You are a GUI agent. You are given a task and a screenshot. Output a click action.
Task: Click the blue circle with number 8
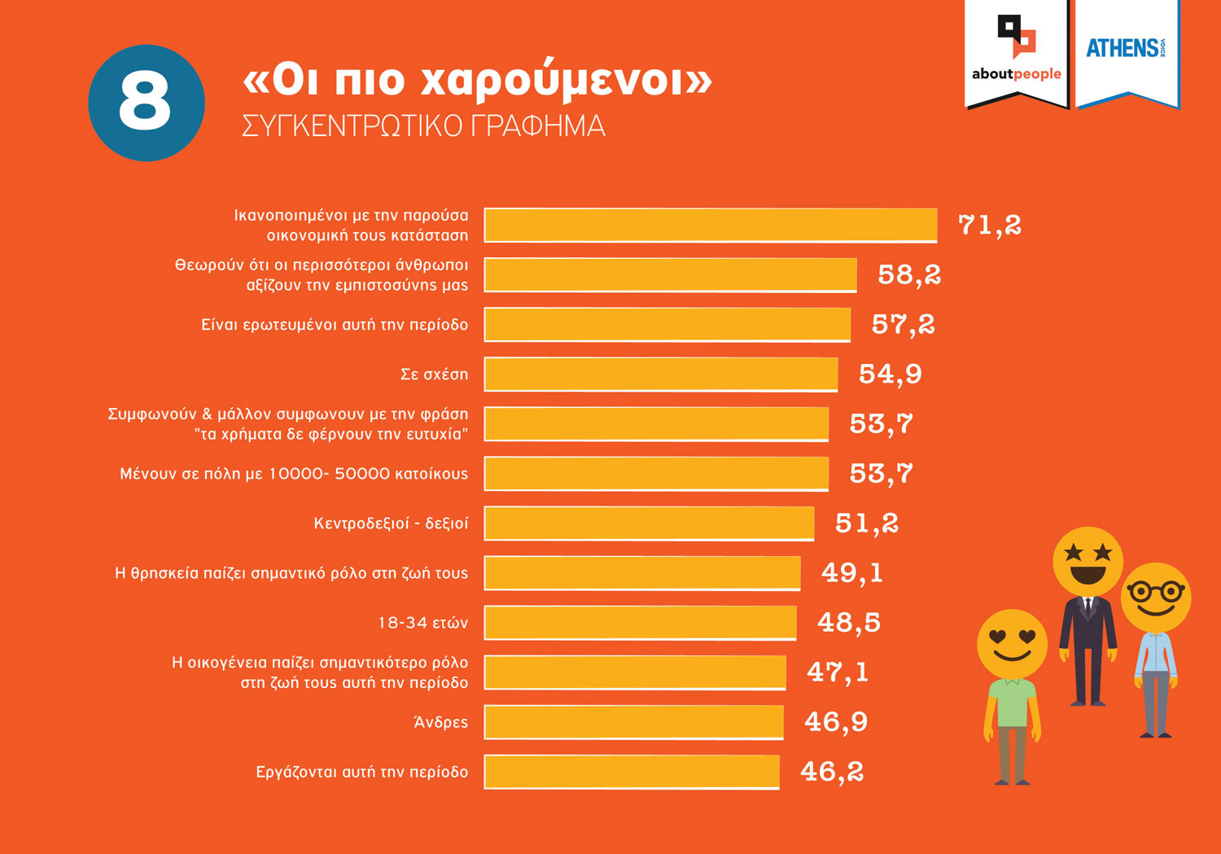pyautogui.click(x=147, y=103)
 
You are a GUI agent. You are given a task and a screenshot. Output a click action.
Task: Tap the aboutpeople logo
pyautogui.click(x=1016, y=52)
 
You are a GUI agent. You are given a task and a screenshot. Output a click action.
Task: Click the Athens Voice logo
pyautogui.click(x=1127, y=49)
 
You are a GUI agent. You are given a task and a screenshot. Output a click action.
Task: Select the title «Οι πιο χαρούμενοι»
pyautogui.click(x=477, y=80)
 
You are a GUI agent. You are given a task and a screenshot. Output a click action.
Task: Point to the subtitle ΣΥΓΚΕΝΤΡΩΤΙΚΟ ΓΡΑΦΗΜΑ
pyautogui.click(x=423, y=126)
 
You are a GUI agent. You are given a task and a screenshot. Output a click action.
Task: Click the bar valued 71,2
pyautogui.click(x=710, y=226)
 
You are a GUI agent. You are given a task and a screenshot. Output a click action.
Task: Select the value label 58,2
pyautogui.click(x=909, y=275)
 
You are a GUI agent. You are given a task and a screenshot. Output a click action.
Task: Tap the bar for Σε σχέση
pyautogui.click(x=660, y=374)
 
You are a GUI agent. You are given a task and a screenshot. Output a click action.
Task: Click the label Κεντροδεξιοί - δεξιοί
pyautogui.click(x=391, y=523)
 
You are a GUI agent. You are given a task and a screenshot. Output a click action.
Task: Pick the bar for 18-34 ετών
pyautogui.click(x=640, y=623)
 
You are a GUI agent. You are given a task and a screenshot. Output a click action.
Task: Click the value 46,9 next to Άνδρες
pyautogui.click(x=836, y=722)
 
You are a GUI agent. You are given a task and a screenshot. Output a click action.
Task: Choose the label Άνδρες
pyautogui.click(x=440, y=722)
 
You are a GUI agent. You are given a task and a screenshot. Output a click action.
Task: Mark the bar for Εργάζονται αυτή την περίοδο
pyautogui.click(x=632, y=772)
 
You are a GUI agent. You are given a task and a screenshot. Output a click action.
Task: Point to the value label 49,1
pyautogui.click(x=852, y=573)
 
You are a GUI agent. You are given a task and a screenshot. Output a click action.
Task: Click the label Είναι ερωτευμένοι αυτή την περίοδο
pyautogui.click(x=335, y=325)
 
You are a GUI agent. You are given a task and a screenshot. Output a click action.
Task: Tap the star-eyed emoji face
pyautogui.click(x=1088, y=562)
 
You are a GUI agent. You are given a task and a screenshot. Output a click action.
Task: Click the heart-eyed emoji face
pyautogui.click(x=1012, y=643)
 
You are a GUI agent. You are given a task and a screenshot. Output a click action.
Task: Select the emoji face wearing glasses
pyautogui.click(x=1156, y=597)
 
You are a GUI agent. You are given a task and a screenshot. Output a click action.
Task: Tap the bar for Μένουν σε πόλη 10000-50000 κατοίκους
pyautogui.click(x=656, y=474)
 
